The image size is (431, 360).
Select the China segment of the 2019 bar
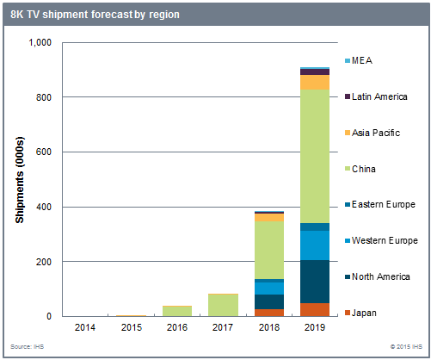315,155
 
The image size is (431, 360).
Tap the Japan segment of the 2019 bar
315,309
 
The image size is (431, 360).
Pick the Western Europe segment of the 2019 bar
315,245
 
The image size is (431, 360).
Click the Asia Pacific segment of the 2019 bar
315,82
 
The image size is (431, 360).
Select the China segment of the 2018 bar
268,250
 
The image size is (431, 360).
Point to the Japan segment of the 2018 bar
268,312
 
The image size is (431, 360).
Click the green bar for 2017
223,305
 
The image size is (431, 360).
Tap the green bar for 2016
176,311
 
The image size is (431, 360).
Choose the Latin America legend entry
378,96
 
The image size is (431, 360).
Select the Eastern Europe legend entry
382,204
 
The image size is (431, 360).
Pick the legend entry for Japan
364,312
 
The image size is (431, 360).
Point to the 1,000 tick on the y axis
40,43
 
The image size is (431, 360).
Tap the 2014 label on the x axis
84,328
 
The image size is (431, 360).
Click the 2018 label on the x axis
268,328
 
